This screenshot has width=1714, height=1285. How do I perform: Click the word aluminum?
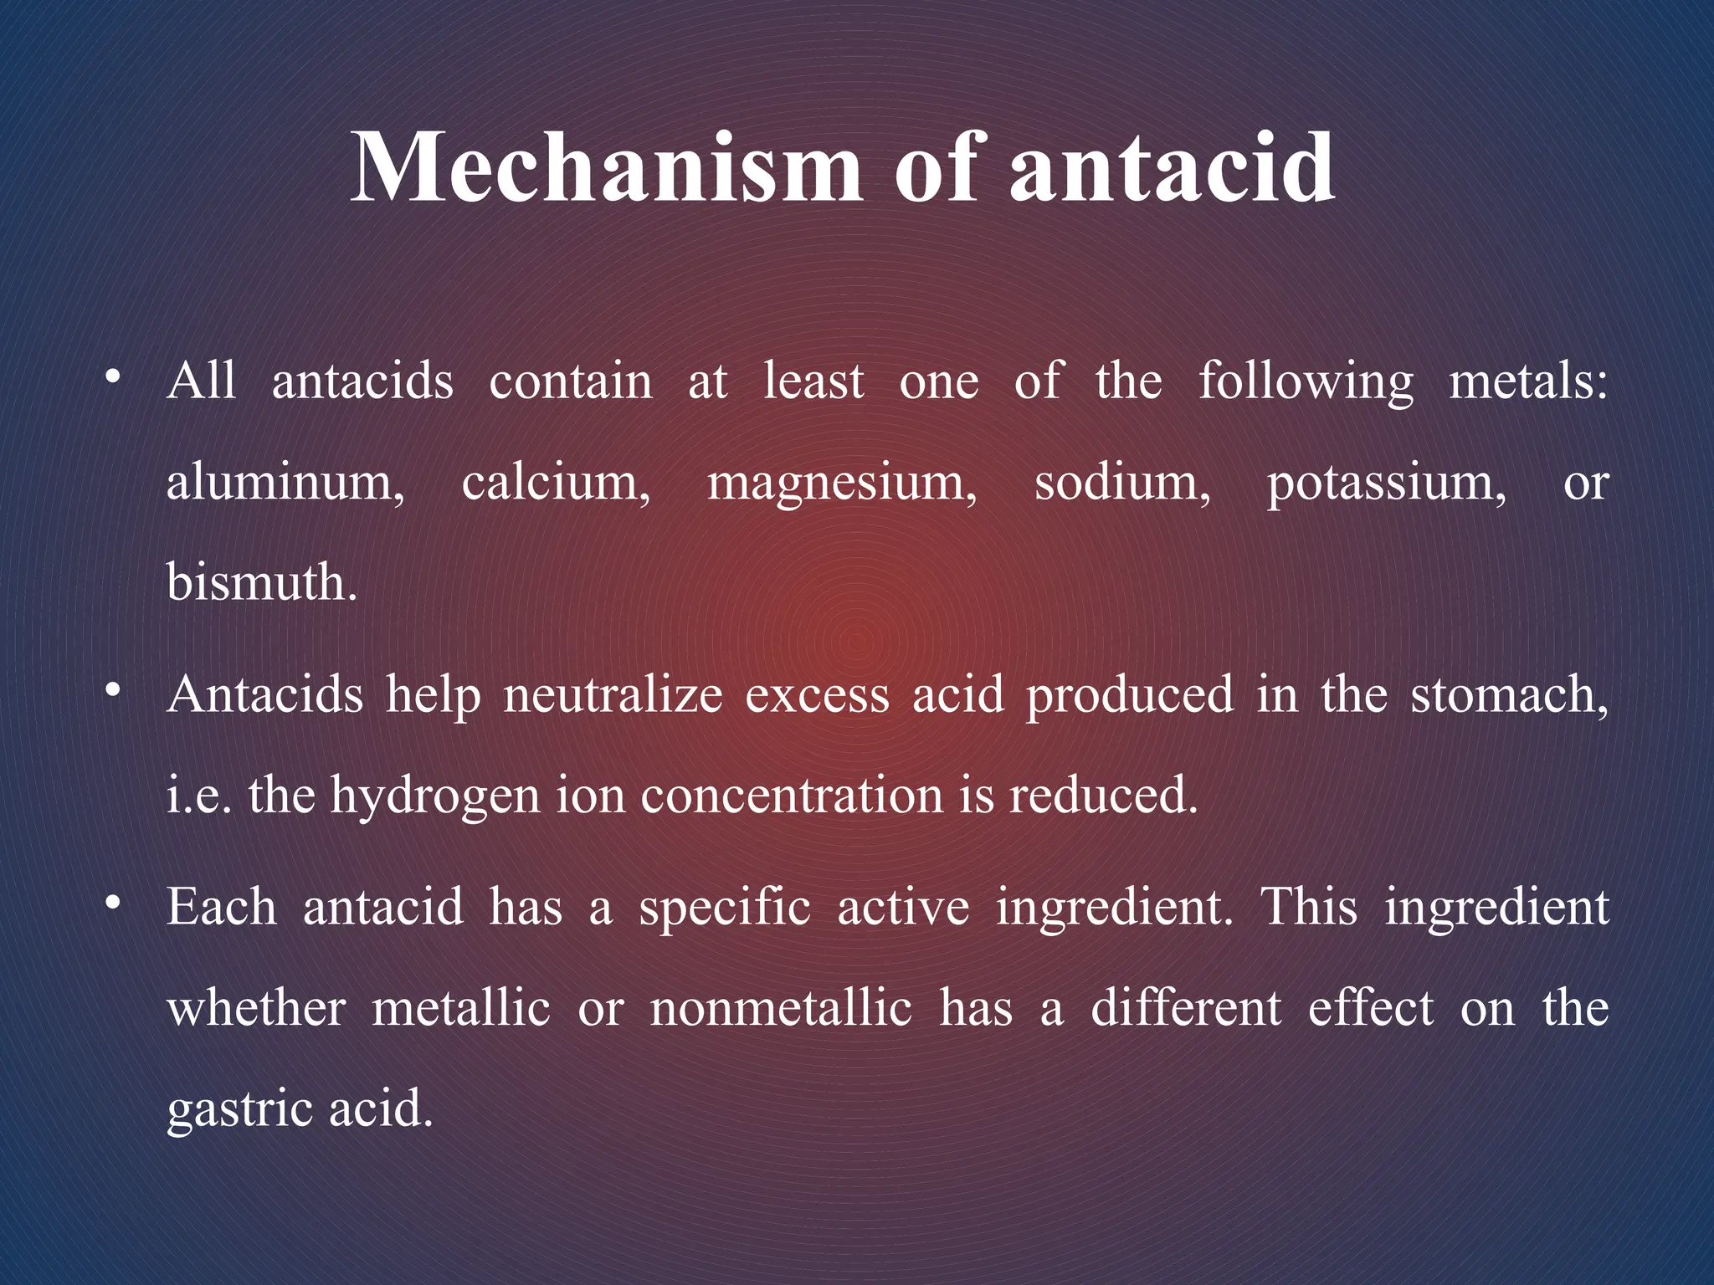pyautogui.click(x=285, y=484)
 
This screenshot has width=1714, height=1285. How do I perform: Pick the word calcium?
pyautogui.click(x=556, y=484)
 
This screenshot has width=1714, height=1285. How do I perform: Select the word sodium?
pyautogui.click(x=1121, y=484)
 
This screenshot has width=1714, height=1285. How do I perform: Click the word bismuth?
pyautogui.click(x=261, y=582)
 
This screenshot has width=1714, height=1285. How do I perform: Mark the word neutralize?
pyautogui.click(x=613, y=695)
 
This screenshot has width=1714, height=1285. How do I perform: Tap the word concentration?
pyautogui.click(x=792, y=796)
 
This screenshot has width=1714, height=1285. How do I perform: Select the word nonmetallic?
pyautogui.click(x=781, y=1008)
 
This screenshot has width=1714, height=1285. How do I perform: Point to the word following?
pyautogui.click(x=1306, y=383)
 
